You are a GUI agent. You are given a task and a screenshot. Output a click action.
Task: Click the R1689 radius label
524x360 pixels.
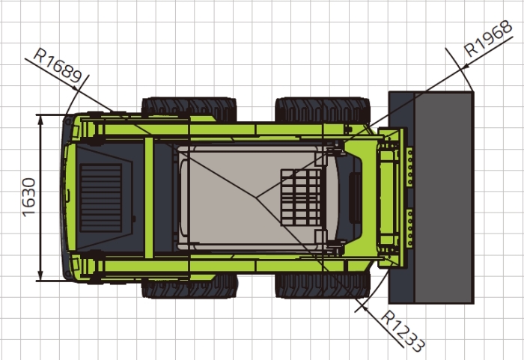[x=58, y=66]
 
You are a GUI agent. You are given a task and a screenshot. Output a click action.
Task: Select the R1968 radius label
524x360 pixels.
[x=488, y=38]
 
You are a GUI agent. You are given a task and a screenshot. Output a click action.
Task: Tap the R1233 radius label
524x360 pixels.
[x=403, y=331]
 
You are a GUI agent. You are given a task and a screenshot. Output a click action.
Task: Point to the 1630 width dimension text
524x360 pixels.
[x=29, y=198]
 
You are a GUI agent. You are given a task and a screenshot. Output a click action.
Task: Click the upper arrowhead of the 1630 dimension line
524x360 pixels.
[x=40, y=120]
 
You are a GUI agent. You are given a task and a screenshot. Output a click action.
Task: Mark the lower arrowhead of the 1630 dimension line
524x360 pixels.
[x=40, y=275]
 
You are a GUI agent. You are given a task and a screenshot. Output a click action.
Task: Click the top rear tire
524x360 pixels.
[x=189, y=109]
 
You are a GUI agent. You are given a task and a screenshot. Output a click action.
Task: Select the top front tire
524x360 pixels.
[x=323, y=109]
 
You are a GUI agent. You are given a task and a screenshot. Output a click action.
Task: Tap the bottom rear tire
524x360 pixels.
[x=189, y=286]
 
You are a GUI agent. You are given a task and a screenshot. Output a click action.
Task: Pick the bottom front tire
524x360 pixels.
[x=323, y=286]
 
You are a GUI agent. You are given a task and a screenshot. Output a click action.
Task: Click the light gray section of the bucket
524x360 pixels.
[x=444, y=198]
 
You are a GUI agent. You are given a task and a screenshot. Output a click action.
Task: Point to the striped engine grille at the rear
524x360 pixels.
[x=100, y=198]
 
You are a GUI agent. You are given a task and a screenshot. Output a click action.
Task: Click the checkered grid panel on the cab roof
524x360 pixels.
[x=301, y=198]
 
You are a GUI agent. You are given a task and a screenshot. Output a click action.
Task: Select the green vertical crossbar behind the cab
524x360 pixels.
[x=149, y=198]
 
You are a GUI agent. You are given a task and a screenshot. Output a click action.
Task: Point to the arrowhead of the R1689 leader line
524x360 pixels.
[x=76, y=88]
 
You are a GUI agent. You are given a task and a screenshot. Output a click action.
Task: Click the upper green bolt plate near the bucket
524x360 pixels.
[x=409, y=166]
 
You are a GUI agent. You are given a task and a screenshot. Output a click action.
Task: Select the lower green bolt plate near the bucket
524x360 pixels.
[x=409, y=228]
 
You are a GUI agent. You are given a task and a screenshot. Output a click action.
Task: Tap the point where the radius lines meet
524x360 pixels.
[x=256, y=198]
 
